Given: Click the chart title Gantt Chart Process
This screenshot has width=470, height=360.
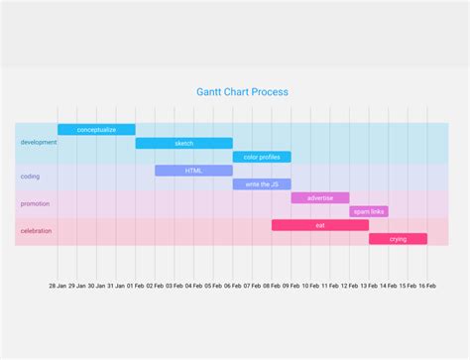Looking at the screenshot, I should (243, 92).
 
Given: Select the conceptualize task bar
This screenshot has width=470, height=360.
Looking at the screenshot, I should (96, 130).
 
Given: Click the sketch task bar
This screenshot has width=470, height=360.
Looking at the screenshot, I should (184, 144).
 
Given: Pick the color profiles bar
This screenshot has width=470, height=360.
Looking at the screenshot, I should (262, 157).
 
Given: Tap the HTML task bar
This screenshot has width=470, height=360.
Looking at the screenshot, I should (193, 171).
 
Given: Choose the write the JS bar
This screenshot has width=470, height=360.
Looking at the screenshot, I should (262, 184).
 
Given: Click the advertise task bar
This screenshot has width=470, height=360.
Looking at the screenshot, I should (320, 198).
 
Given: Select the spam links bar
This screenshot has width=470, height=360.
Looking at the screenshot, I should (368, 211).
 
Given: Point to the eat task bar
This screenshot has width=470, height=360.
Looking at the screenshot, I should (320, 225).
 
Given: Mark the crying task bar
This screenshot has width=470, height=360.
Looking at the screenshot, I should (398, 239).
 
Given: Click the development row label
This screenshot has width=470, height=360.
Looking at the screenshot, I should (39, 143).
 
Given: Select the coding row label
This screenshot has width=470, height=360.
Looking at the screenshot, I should (30, 177).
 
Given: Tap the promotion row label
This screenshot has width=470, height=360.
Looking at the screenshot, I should (35, 204).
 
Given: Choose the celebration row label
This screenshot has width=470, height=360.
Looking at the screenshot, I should (36, 231).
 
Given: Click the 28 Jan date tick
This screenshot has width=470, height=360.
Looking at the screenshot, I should (58, 286).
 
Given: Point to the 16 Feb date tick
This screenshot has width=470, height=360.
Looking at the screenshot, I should (427, 286).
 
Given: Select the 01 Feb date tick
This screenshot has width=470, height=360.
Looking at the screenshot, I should (136, 286).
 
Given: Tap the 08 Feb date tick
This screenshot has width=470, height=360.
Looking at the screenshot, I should (272, 286).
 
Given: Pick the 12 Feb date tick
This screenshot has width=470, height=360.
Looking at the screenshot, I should (350, 286).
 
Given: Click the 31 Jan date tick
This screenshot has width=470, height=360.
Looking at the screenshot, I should (116, 286).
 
